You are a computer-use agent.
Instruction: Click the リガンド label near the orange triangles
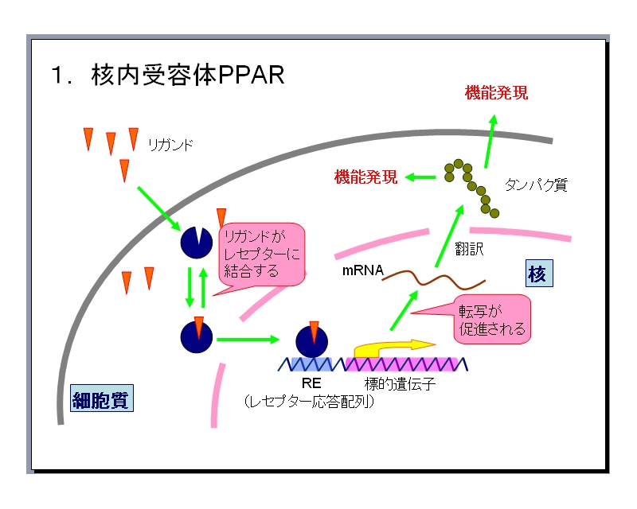[x=170, y=145]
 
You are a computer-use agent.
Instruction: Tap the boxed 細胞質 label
[x=100, y=398]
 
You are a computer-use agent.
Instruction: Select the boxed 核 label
[x=537, y=274]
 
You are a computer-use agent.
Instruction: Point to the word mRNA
[x=362, y=270]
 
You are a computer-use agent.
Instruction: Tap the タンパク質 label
[x=536, y=185]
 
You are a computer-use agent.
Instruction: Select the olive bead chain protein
[x=472, y=187]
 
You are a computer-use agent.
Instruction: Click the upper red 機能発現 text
[x=496, y=93]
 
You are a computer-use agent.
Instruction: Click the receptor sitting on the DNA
[x=311, y=340]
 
